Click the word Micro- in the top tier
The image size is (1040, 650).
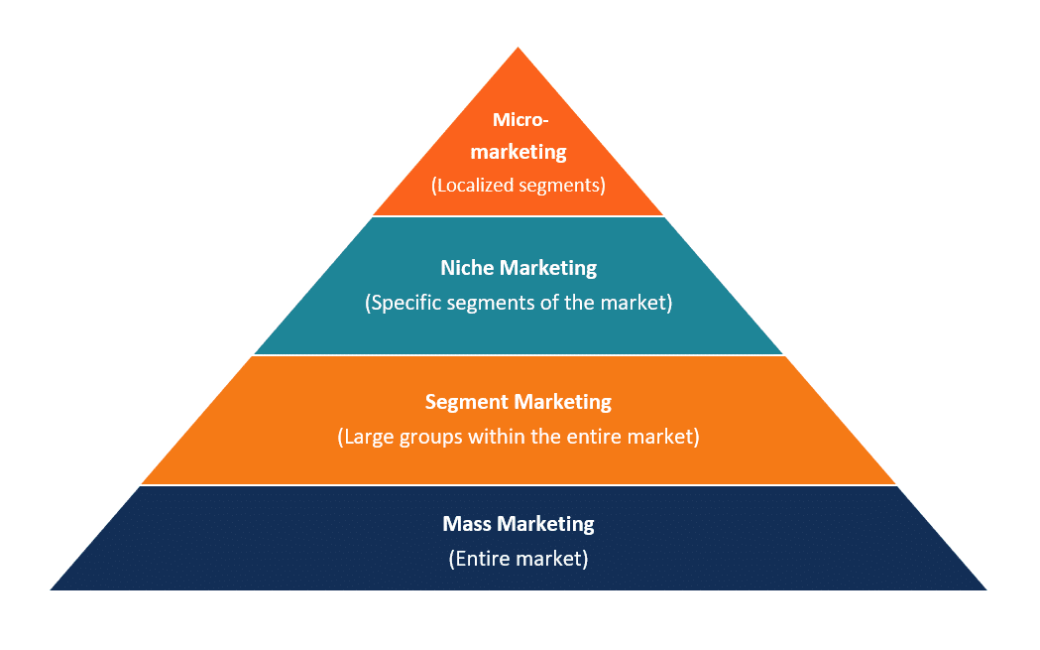pyautogui.click(x=520, y=120)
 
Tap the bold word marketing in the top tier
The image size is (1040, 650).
pyautogui.click(x=519, y=152)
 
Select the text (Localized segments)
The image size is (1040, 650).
pyautogui.click(x=519, y=185)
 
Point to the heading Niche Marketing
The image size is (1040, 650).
pyautogui.click(x=519, y=268)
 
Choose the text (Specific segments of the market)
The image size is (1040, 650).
pyautogui.click(x=519, y=303)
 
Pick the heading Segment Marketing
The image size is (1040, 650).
pyautogui.click(x=519, y=402)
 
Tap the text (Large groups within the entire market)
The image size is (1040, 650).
pyautogui.click(x=519, y=437)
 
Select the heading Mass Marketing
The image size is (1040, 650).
pyautogui.click(x=519, y=524)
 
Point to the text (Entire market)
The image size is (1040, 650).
pyautogui.click(x=519, y=559)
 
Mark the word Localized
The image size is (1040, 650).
pyautogui.click(x=474, y=185)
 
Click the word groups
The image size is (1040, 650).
pyautogui.click(x=429, y=437)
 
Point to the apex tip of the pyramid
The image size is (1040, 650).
pyautogui.click(x=519, y=50)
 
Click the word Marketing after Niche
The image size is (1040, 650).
pyautogui.click(x=548, y=268)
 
